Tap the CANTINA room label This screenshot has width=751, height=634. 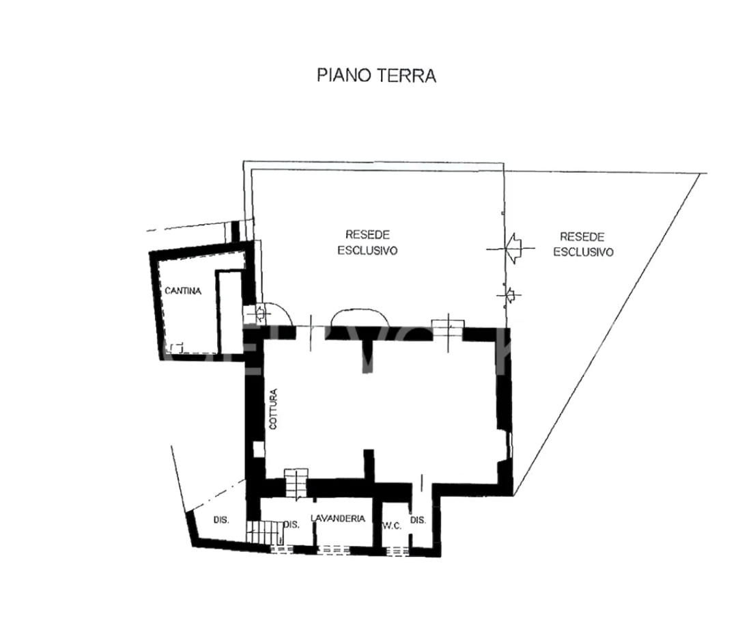click(x=183, y=291)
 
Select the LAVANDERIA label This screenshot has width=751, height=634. click(x=338, y=519)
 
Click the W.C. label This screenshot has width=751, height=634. click(x=392, y=525)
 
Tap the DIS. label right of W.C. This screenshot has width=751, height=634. click(x=419, y=520)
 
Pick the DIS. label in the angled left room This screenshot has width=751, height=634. click(x=221, y=520)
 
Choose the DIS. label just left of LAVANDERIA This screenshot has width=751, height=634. click(x=292, y=525)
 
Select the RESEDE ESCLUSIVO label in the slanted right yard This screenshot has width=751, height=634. click(x=582, y=244)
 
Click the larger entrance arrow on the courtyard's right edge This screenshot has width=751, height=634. click(x=512, y=248)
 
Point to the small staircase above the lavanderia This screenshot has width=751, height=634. click(x=296, y=484)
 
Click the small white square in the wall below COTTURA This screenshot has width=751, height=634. click(x=258, y=450)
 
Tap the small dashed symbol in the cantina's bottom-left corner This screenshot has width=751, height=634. click(x=179, y=347)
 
